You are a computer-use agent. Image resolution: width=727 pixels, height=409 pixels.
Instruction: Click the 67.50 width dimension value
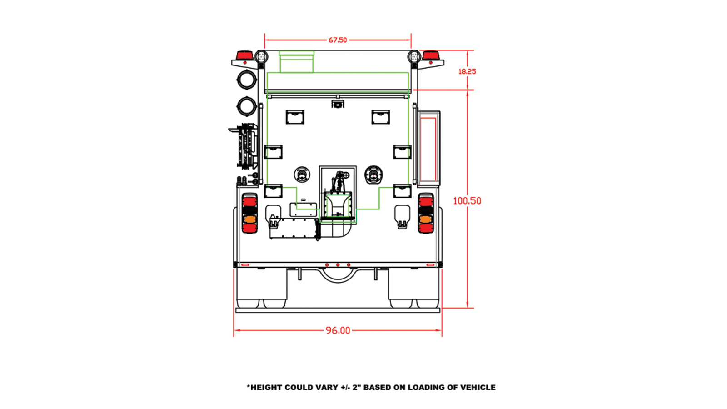click(x=338, y=40)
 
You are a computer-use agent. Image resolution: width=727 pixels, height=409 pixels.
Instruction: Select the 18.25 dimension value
click(x=467, y=71)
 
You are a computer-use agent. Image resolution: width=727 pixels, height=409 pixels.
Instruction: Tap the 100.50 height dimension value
click(x=467, y=200)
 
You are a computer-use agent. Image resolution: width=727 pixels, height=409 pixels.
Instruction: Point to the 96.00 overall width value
click(x=338, y=330)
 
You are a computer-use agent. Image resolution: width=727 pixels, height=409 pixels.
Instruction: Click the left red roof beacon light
click(x=245, y=55)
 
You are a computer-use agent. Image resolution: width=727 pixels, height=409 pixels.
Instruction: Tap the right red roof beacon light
click(x=431, y=55)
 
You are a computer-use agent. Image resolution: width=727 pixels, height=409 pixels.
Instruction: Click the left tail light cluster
click(x=249, y=213)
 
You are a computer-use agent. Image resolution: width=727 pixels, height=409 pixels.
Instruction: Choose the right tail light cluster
click(x=426, y=213)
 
